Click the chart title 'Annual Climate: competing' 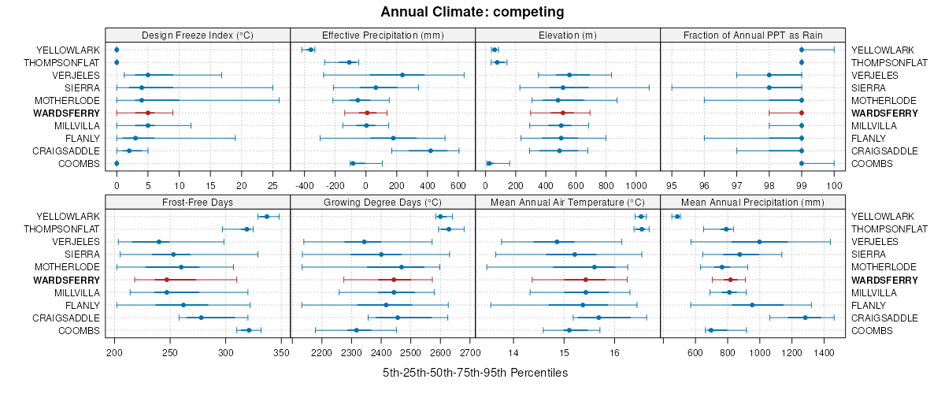(472, 12)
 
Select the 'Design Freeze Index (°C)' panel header (197, 35)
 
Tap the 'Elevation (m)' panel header (567, 35)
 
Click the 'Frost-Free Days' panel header (197, 202)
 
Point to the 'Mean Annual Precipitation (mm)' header (752, 202)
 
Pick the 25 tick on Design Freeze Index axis (272, 186)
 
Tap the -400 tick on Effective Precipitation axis (304, 186)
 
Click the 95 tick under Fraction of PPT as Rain (672, 186)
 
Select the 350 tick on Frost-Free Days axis (281, 353)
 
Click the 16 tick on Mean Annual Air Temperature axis (614, 353)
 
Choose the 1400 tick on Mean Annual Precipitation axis (824, 353)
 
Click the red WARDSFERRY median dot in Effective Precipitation (367, 113)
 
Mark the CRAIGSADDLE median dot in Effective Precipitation (431, 151)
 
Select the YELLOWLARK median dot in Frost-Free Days (267, 217)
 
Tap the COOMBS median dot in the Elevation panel (489, 164)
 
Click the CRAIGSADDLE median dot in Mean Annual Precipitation (805, 318)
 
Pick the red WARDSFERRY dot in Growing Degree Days (394, 280)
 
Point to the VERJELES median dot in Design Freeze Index (147, 76)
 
